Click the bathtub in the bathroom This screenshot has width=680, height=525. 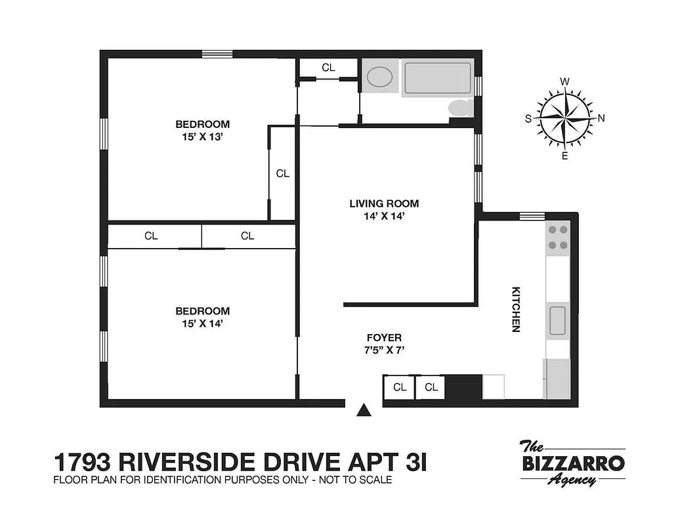point(437,78)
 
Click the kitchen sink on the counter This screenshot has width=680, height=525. point(558,321)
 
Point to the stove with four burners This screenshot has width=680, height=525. point(558,238)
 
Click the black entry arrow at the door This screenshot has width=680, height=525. point(363,411)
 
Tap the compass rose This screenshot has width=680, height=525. point(564,118)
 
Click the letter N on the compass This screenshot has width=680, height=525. point(601,118)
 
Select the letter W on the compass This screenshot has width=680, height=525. point(564,81)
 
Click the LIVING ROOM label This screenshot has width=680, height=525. point(384,203)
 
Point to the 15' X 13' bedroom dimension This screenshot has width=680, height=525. point(202,137)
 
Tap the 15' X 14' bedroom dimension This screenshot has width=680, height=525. point(202,324)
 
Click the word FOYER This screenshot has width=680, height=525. point(384,337)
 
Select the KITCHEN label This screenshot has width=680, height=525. point(516,308)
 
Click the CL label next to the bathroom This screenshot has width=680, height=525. point(328,68)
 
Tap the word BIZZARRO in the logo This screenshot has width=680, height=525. point(572,463)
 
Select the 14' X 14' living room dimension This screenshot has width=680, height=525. point(384,216)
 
